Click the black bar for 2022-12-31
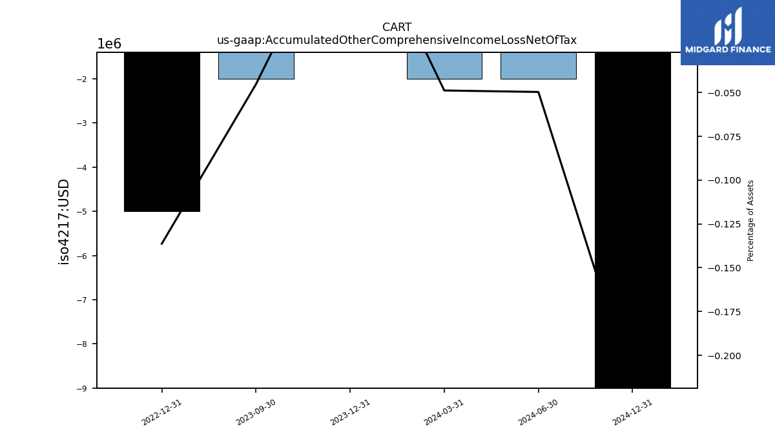pyautogui.click(x=162, y=132)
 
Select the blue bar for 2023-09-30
pyautogui.click(x=256, y=66)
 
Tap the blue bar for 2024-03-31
pyautogui.click(x=444, y=66)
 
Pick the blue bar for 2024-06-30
pyautogui.click(x=539, y=66)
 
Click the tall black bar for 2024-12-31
pyautogui.click(x=633, y=220)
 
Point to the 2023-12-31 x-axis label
pyautogui.click(x=350, y=413)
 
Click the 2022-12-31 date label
pyautogui.click(x=161, y=413)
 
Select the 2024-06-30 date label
pyautogui.click(x=538, y=413)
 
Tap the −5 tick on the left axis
pyautogui.click(x=81, y=212)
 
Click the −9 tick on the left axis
pyautogui.click(x=81, y=389)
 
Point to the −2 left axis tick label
pyautogui.click(x=81, y=79)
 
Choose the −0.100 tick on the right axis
pyautogui.click(x=725, y=180)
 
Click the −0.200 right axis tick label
pyautogui.click(x=725, y=356)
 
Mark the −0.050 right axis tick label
pyautogui.click(x=725, y=93)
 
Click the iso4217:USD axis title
pyautogui.click(x=64, y=222)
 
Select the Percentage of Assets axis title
pyautogui.click(x=750, y=221)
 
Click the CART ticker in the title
pyautogui.click(x=397, y=27)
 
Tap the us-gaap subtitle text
pyautogui.click(x=397, y=40)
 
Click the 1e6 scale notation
pyautogui.click(x=109, y=44)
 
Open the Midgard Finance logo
pyautogui.click(x=728, y=32)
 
